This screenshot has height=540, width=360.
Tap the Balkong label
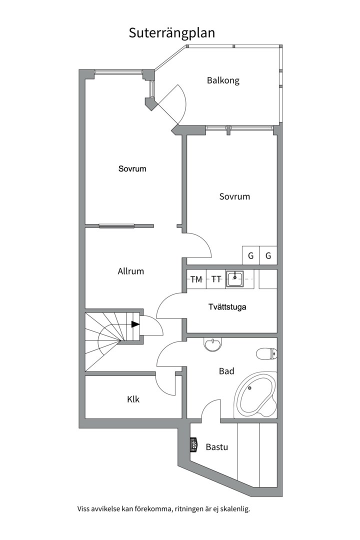223,80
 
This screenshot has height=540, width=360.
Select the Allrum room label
130,271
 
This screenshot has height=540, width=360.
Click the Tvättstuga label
227,306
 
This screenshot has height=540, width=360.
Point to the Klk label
133,399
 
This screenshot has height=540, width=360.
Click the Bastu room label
216,447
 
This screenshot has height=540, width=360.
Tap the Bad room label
226,371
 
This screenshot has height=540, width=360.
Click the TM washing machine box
196,279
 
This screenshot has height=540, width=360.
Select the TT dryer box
216,279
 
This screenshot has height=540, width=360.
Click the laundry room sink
235,278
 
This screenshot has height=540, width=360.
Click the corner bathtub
255,394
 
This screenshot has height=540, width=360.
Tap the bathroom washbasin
213,344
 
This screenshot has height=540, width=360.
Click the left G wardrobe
250,255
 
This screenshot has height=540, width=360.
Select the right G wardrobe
268,255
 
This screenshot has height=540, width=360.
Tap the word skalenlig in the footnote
236,508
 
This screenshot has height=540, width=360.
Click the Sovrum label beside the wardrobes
234,196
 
